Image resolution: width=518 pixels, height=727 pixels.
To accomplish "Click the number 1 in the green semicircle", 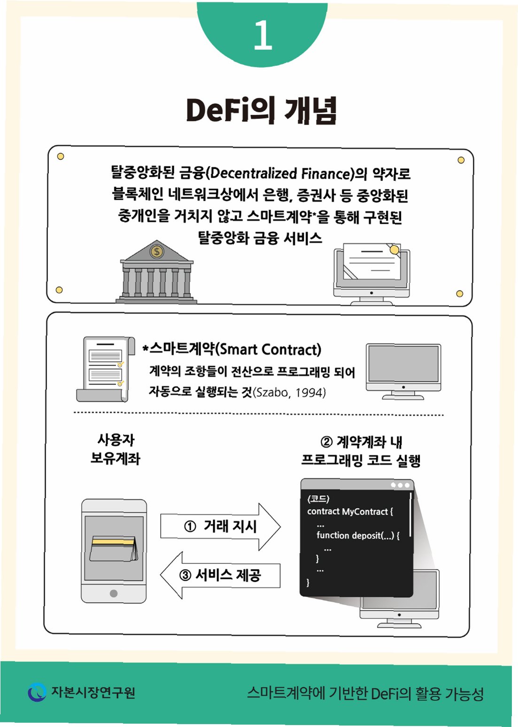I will [263, 35].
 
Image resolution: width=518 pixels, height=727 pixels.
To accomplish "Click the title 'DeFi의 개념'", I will [261, 111].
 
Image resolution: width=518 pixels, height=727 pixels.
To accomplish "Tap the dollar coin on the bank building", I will [157, 252].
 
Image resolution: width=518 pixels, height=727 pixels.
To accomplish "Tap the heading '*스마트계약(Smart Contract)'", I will [232, 349].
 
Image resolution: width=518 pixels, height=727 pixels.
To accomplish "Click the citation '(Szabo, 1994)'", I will [289, 392].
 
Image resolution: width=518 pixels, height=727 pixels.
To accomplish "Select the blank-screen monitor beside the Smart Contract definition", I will [403, 371].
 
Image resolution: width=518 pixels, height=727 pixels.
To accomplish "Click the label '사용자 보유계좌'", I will [116, 449].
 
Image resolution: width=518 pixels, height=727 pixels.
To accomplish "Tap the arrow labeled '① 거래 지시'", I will [220, 526].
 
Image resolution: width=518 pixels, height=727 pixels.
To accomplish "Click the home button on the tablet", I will [114, 593].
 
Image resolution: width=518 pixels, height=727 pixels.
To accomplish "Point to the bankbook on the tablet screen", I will [113, 548].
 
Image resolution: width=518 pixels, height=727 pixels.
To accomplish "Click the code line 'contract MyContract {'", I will [350, 512].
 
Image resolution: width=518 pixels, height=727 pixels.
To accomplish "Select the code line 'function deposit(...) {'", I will [358, 535].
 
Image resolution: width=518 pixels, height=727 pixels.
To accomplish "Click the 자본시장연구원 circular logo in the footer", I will [37, 692].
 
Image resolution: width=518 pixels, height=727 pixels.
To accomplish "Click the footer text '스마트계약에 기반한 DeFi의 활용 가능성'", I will [365, 694].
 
